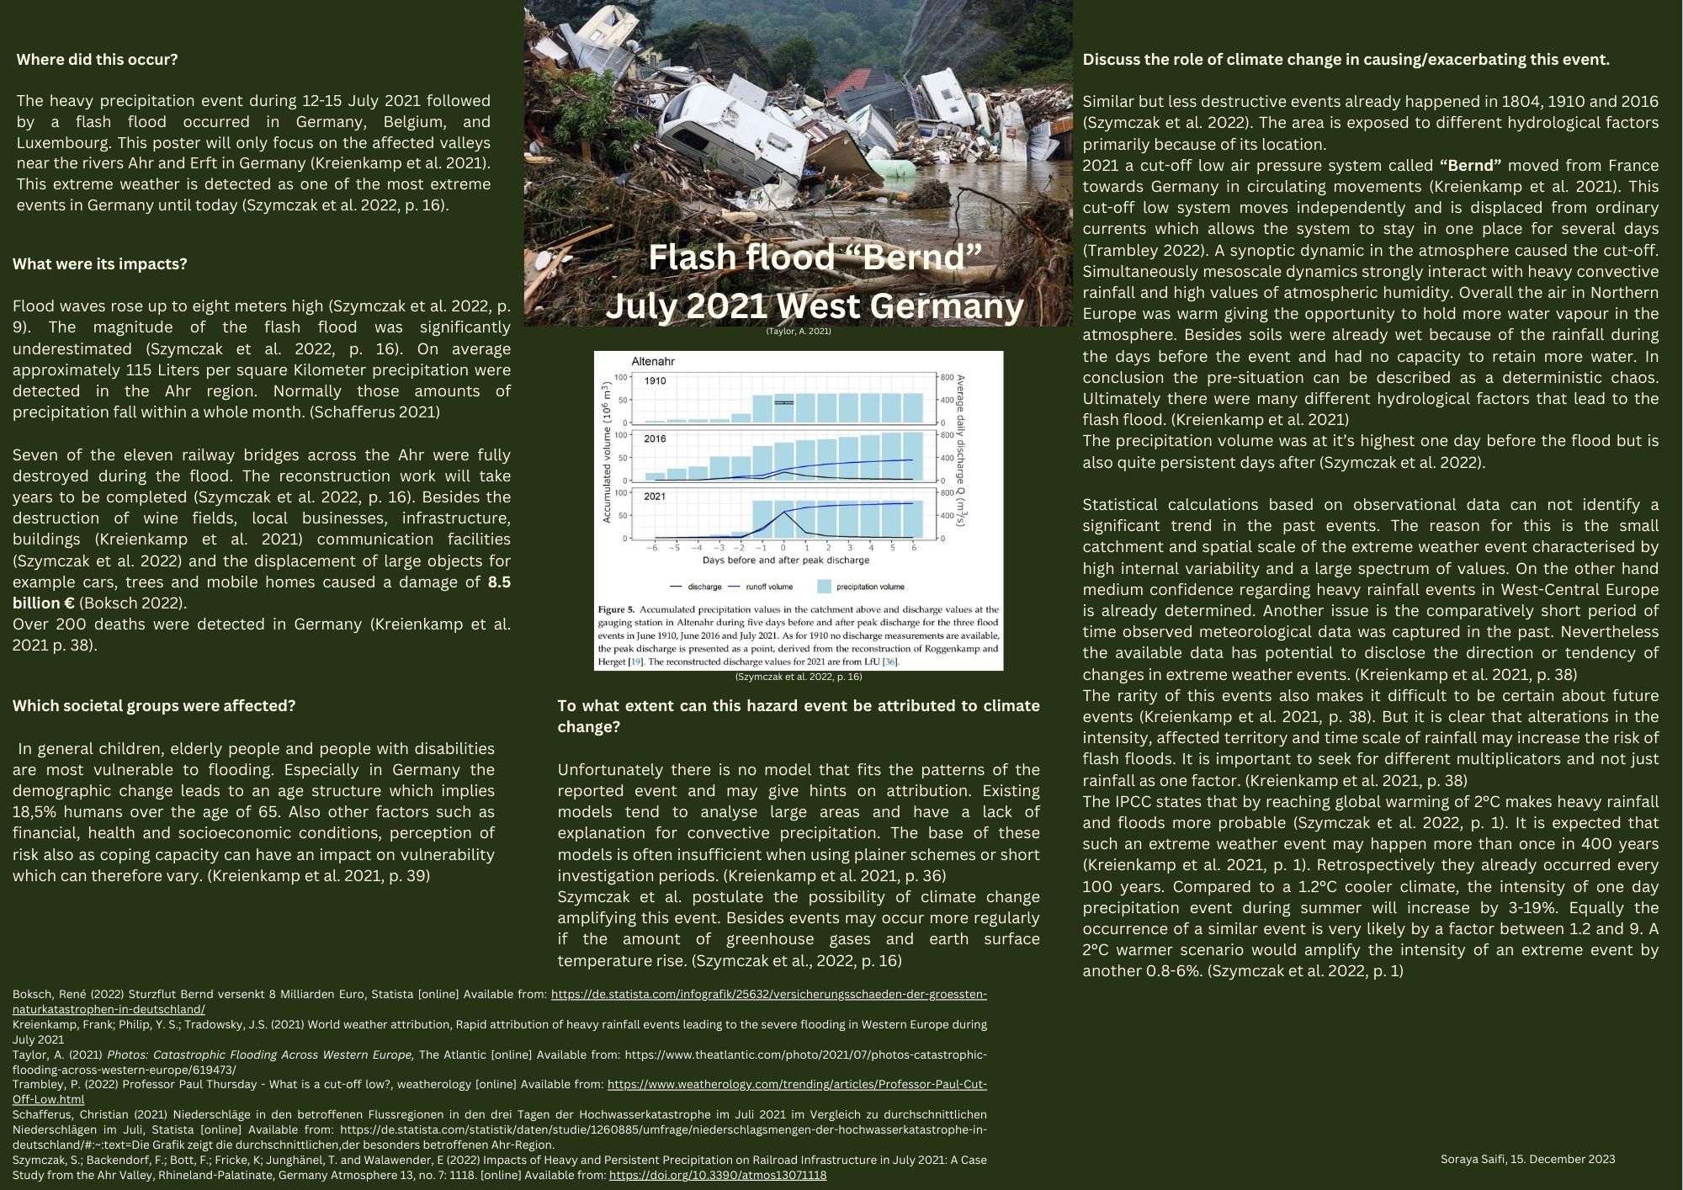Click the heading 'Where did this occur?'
click(97, 60)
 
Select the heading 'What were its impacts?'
click(99, 264)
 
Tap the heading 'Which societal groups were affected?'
click(154, 706)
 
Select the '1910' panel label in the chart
click(655, 381)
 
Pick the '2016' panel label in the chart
click(655, 439)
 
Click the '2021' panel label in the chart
click(655, 497)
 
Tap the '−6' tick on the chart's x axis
click(652, 548)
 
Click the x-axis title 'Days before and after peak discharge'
click(786, 560)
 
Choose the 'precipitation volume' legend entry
click(870, 587)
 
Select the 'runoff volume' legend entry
click(768, 587)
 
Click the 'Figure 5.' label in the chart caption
click(616, 609)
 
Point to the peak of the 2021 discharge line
click(783, 512)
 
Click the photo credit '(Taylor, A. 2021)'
click(798, 332)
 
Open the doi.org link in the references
click(717, 1175)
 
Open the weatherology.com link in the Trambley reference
click(797, 1085)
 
